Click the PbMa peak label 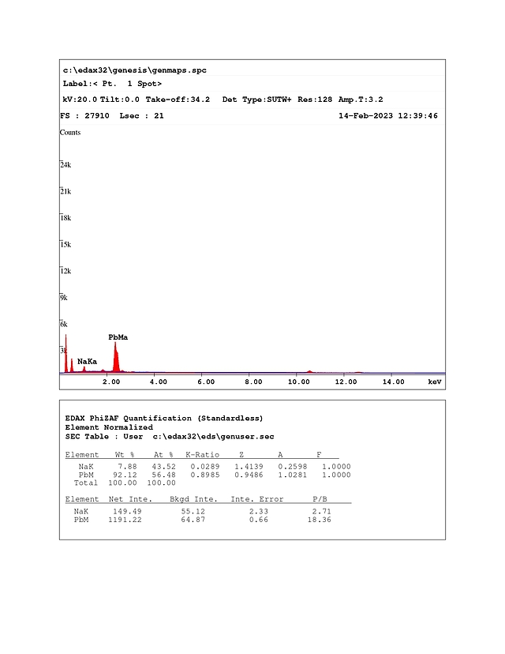point(118,337)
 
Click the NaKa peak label point(87,361)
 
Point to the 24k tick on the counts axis point(65,165)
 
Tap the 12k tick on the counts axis point(65,271)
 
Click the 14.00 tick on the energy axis point(393,381)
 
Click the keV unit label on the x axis point(434,381)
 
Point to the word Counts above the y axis point(70,133)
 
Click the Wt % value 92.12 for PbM point(126,474)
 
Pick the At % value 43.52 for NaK point(163,466)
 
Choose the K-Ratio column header point(202,455)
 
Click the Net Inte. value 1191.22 point(125,520)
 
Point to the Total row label point(85,482)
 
